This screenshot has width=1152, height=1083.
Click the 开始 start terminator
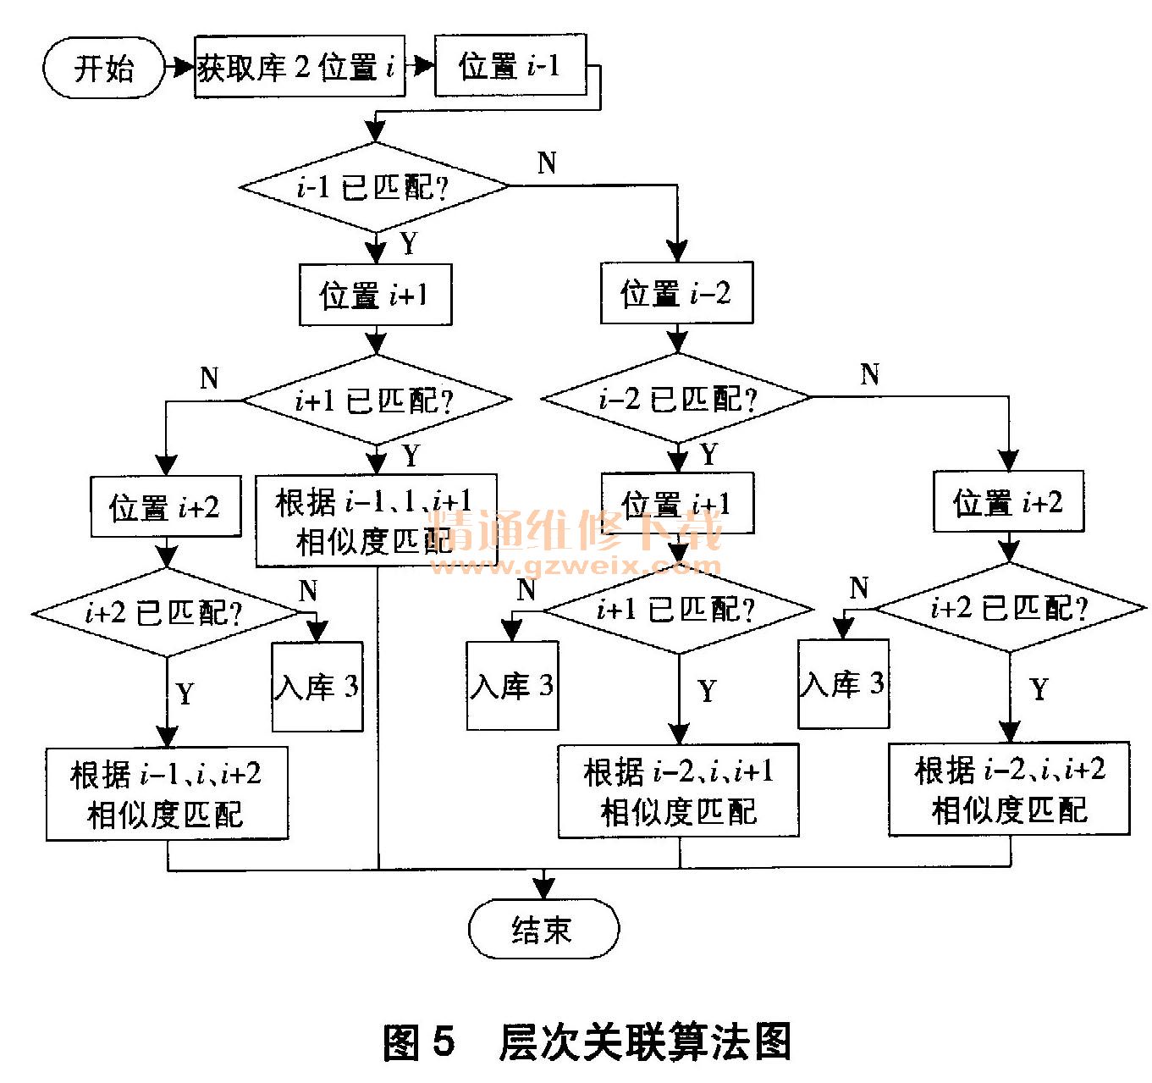102,68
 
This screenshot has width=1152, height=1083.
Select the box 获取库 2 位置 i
299,67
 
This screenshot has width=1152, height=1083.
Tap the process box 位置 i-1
510,65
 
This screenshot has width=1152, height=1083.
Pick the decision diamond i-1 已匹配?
374,186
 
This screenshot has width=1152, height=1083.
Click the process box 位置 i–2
675,294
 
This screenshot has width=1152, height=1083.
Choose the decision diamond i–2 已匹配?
675,397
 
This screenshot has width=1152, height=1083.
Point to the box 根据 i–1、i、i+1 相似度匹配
375,521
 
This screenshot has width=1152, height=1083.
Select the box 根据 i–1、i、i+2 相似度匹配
167,793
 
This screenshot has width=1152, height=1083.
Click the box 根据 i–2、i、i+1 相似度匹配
678,791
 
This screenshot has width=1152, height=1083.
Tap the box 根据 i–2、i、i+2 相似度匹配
1009,789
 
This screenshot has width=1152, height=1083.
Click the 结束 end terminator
543,929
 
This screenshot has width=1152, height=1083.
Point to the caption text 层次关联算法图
645,1042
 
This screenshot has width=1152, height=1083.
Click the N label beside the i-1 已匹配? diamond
547,162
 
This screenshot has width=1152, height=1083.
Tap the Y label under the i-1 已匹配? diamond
410,244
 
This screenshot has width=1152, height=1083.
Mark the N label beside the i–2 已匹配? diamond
869,373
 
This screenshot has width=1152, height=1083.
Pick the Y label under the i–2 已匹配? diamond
709,455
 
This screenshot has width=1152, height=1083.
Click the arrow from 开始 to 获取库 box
179,67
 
